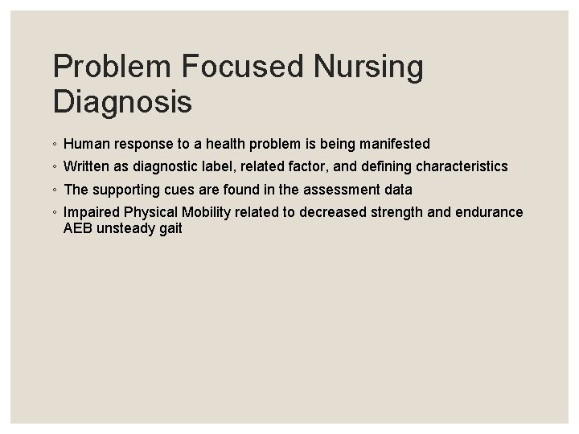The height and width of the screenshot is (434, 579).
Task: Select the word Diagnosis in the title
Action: click(x=122, y=102)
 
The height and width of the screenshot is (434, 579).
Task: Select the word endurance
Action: click(x=491, y=212)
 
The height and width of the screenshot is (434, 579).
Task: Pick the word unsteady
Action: click(x=124, y=228)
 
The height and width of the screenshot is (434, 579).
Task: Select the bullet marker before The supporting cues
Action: click(x=55, y=190)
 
